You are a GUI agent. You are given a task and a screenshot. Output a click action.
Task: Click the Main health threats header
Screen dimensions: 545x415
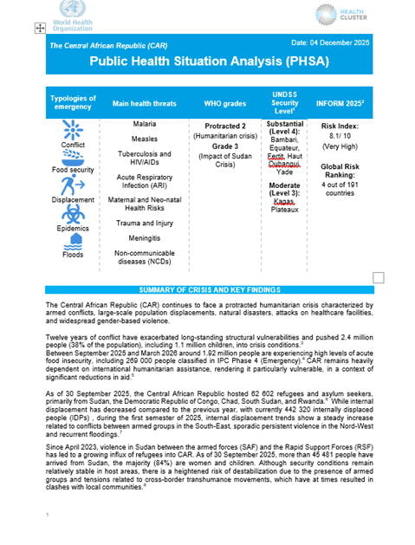click(x=144, y=103)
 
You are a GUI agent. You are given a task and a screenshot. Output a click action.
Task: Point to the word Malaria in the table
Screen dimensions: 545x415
click(x=144, y=125)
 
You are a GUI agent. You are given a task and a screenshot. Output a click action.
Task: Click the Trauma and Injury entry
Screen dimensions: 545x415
click(x=144, y=223)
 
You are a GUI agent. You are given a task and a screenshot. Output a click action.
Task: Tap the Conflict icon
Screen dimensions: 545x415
click(x=73, y=129)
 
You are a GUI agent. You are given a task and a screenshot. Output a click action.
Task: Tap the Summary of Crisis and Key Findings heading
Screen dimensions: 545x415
click(x=207, y=288)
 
